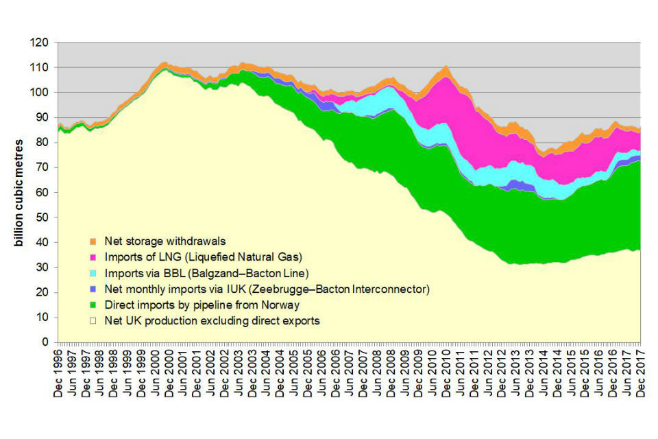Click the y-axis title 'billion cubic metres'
[x=20, y=193]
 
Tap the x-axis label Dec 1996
[x=58, y=374]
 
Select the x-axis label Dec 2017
[x=640, y=374]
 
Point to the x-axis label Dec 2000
[x=169, y=374]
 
